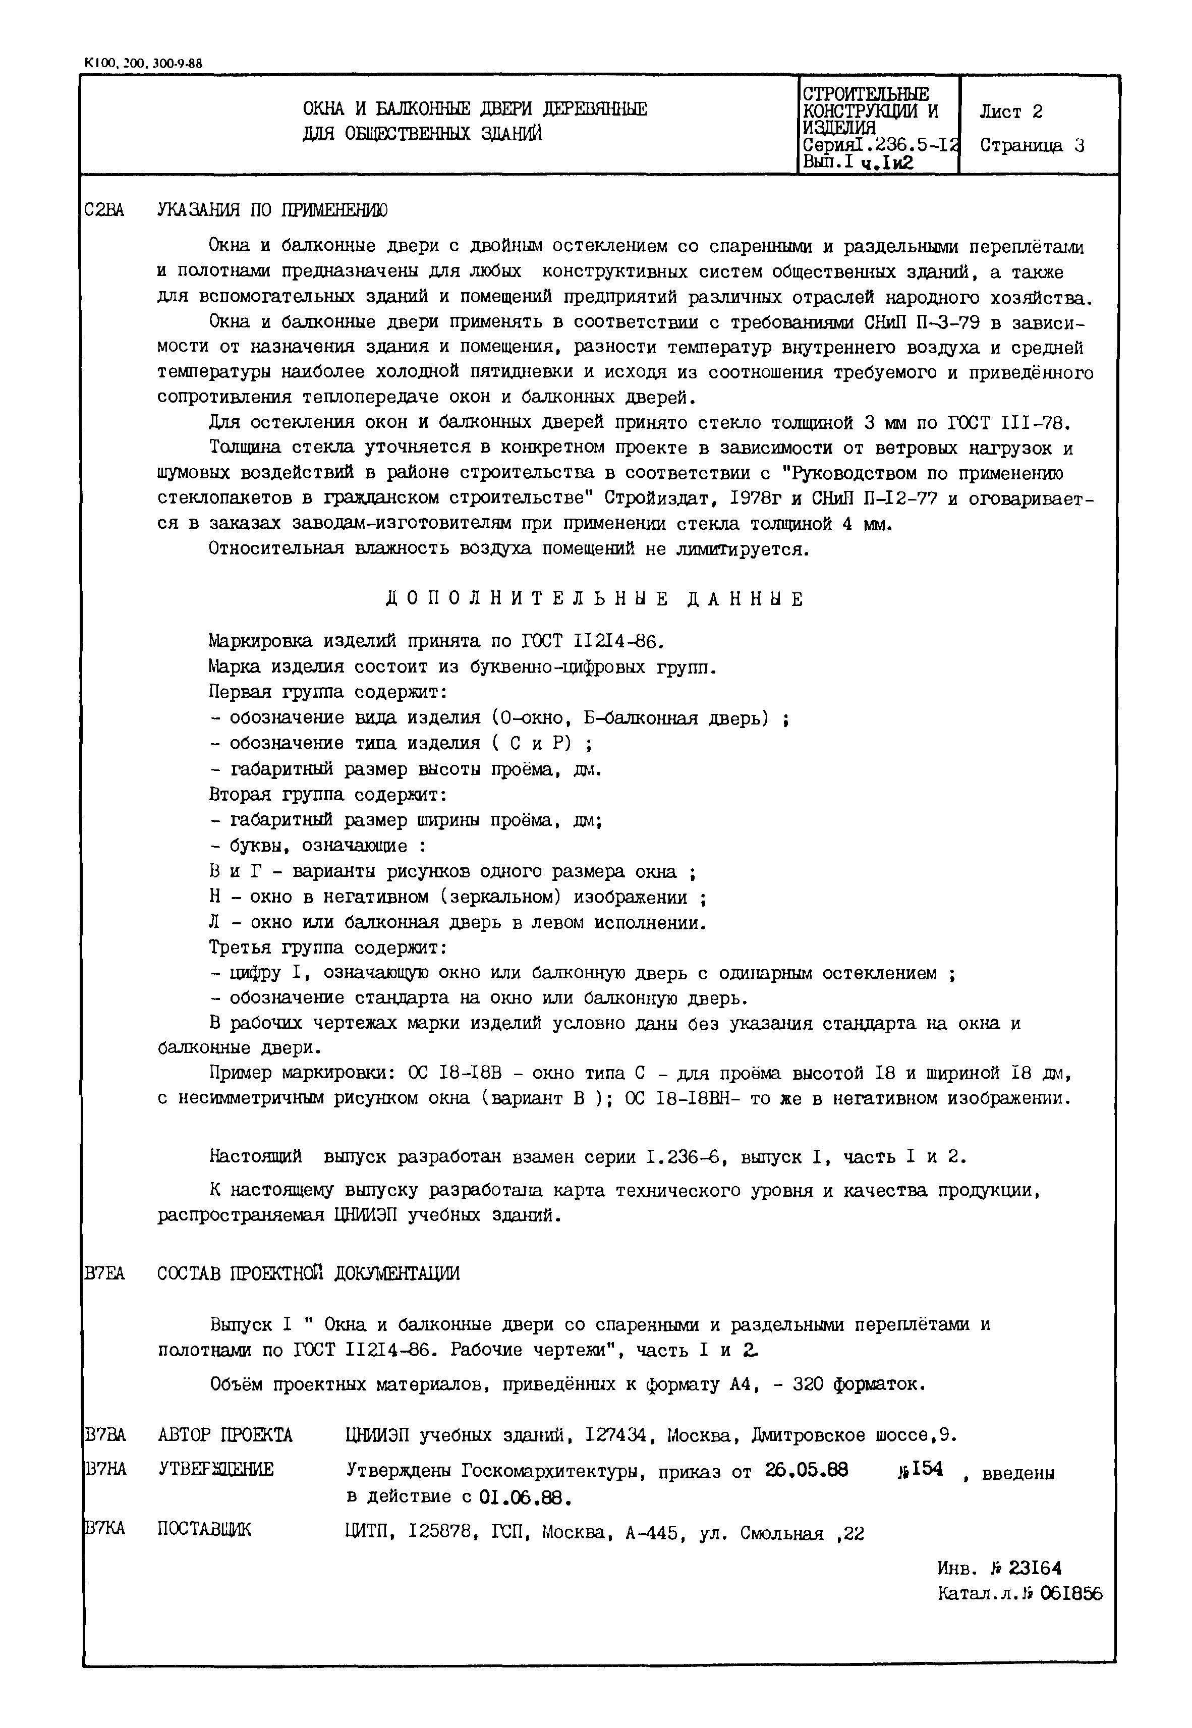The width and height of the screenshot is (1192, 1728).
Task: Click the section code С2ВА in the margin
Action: pos(104,211)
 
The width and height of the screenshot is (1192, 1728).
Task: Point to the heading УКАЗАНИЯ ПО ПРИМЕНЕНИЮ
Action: pos(272,211)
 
